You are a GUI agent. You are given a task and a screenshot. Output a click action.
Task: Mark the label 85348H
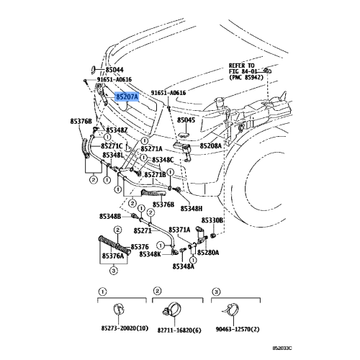point(192,208)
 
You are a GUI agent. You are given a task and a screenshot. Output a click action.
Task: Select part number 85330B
point(212,220)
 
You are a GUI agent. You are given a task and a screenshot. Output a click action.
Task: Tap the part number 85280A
point(208,253)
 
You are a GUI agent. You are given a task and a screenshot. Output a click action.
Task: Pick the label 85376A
point(114,256)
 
